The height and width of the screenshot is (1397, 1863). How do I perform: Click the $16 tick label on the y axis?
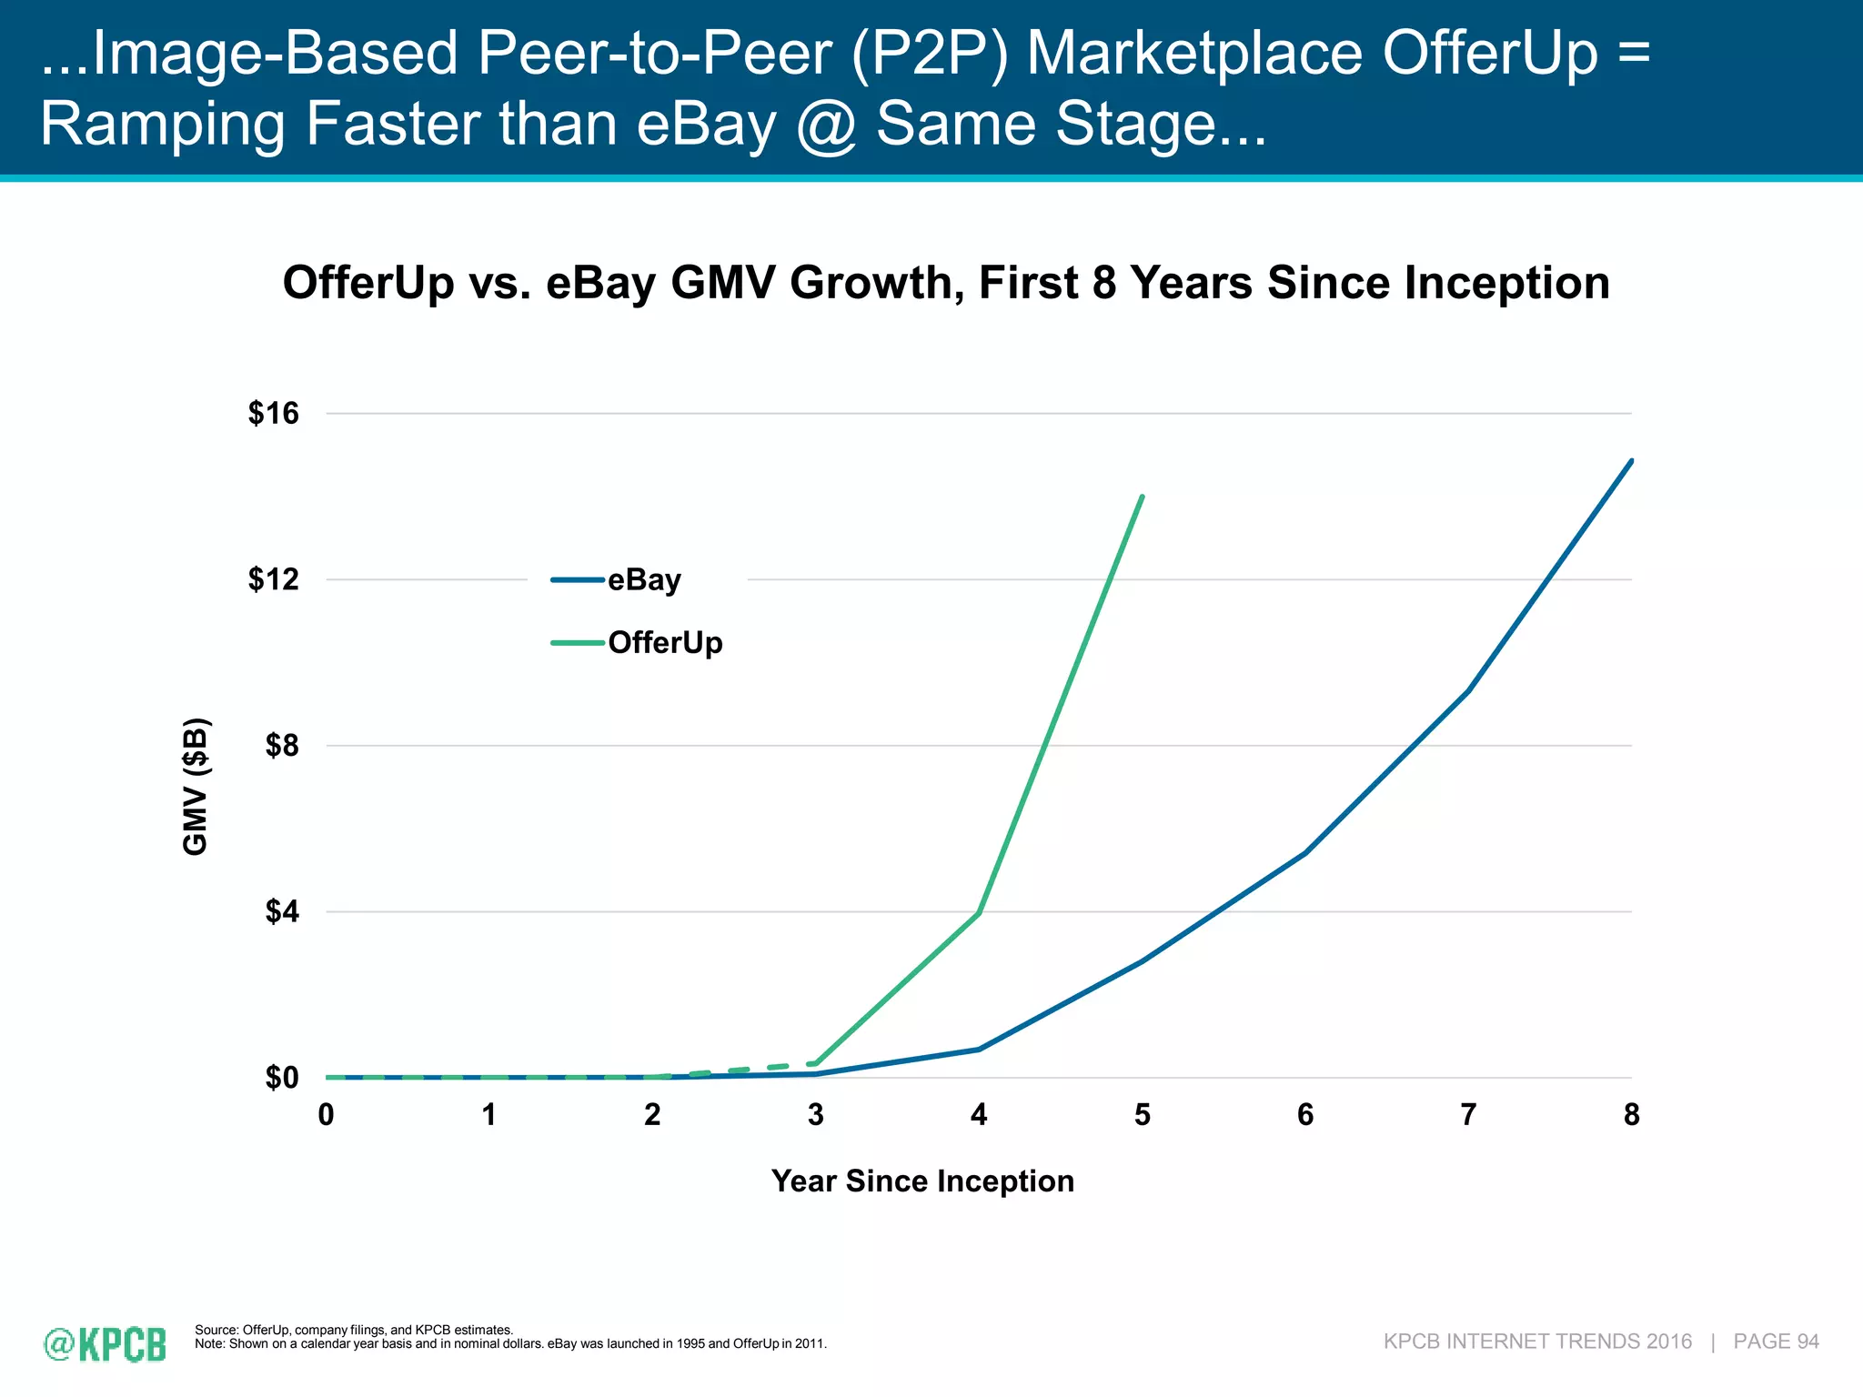tap(273, 414)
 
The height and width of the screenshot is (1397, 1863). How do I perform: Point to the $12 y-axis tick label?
tap(273, 579)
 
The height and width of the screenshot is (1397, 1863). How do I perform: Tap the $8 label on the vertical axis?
tap(281, 746)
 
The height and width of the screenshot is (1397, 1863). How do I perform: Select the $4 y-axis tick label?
tap(281, 911)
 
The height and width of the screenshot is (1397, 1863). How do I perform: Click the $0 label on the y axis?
tap(281, 1078)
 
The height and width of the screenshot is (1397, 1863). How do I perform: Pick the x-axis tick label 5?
tap(1142, 1115)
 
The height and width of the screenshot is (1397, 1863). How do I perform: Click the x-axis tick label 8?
tap(1631, 1115)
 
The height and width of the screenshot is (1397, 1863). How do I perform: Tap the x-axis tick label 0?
tap(326, 1115)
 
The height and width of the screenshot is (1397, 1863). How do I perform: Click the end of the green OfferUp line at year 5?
tap(1142, 497)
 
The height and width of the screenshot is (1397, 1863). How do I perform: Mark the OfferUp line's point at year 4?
tap(979, 912)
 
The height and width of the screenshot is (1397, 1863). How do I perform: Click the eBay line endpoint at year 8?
tap(1631, 461)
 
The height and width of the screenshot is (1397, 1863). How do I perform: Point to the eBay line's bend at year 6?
tap(1305, 853)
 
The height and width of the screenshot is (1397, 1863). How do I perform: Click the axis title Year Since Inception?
tap(922, 1181)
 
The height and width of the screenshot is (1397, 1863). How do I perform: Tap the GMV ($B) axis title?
tap(196, 787)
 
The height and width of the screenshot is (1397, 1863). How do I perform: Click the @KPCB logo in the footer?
tap(106, 1344)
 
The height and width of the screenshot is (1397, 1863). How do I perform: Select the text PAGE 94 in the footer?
tap(1776, 1342)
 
